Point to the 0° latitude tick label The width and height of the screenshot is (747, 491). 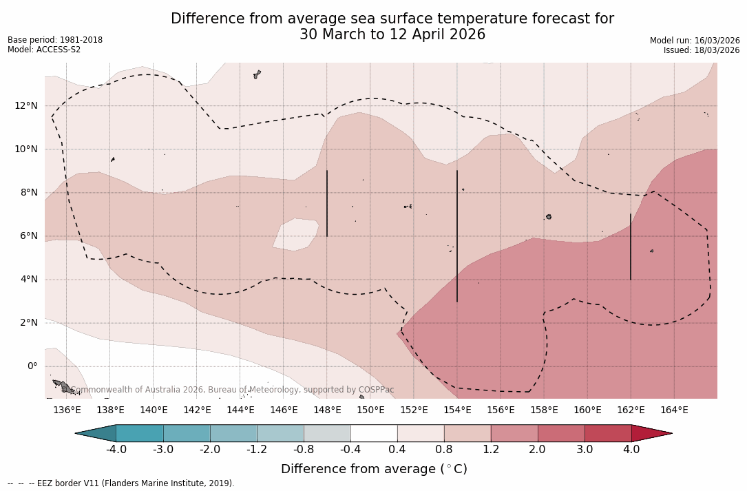tap(32, 366)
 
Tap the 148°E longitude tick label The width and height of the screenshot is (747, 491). tap(327, 410)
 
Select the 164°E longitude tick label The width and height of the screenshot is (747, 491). tap(674, 410)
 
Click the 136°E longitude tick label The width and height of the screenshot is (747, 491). tap(67, 410)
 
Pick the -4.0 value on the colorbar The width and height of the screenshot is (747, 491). tap(116, 450)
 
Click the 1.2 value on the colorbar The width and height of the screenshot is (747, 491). tap(491, 450)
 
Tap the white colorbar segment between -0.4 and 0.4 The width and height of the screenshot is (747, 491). tap(374, 433)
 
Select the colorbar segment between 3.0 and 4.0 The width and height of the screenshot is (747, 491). tap(608, 433)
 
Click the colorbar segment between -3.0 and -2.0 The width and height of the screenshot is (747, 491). tap(187, 433)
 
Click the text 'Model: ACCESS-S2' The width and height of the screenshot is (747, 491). tap(44, 50)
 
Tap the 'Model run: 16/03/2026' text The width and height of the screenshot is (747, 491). tap(695, 41)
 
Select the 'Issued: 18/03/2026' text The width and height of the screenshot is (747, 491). tap(702, 50)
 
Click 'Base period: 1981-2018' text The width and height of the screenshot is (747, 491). tap(55, 40)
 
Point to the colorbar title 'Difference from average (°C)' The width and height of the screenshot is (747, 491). tap(374, 469)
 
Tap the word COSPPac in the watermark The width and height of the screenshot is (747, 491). tap(376, 390)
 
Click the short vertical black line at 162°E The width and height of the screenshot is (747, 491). tap(630, 247)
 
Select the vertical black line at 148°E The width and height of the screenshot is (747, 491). tap(326, 203)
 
